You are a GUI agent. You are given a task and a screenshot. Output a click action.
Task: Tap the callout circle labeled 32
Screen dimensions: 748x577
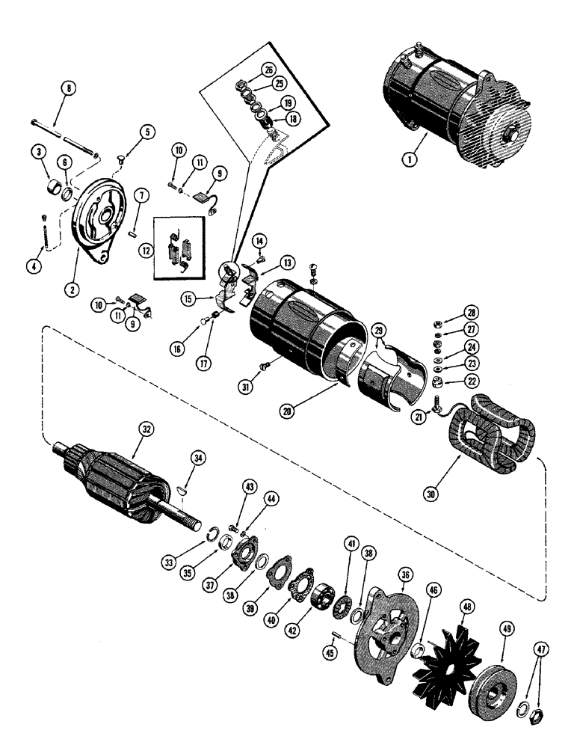(144, 430)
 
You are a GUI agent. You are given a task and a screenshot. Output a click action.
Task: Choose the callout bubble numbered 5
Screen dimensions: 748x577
(146, 132)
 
